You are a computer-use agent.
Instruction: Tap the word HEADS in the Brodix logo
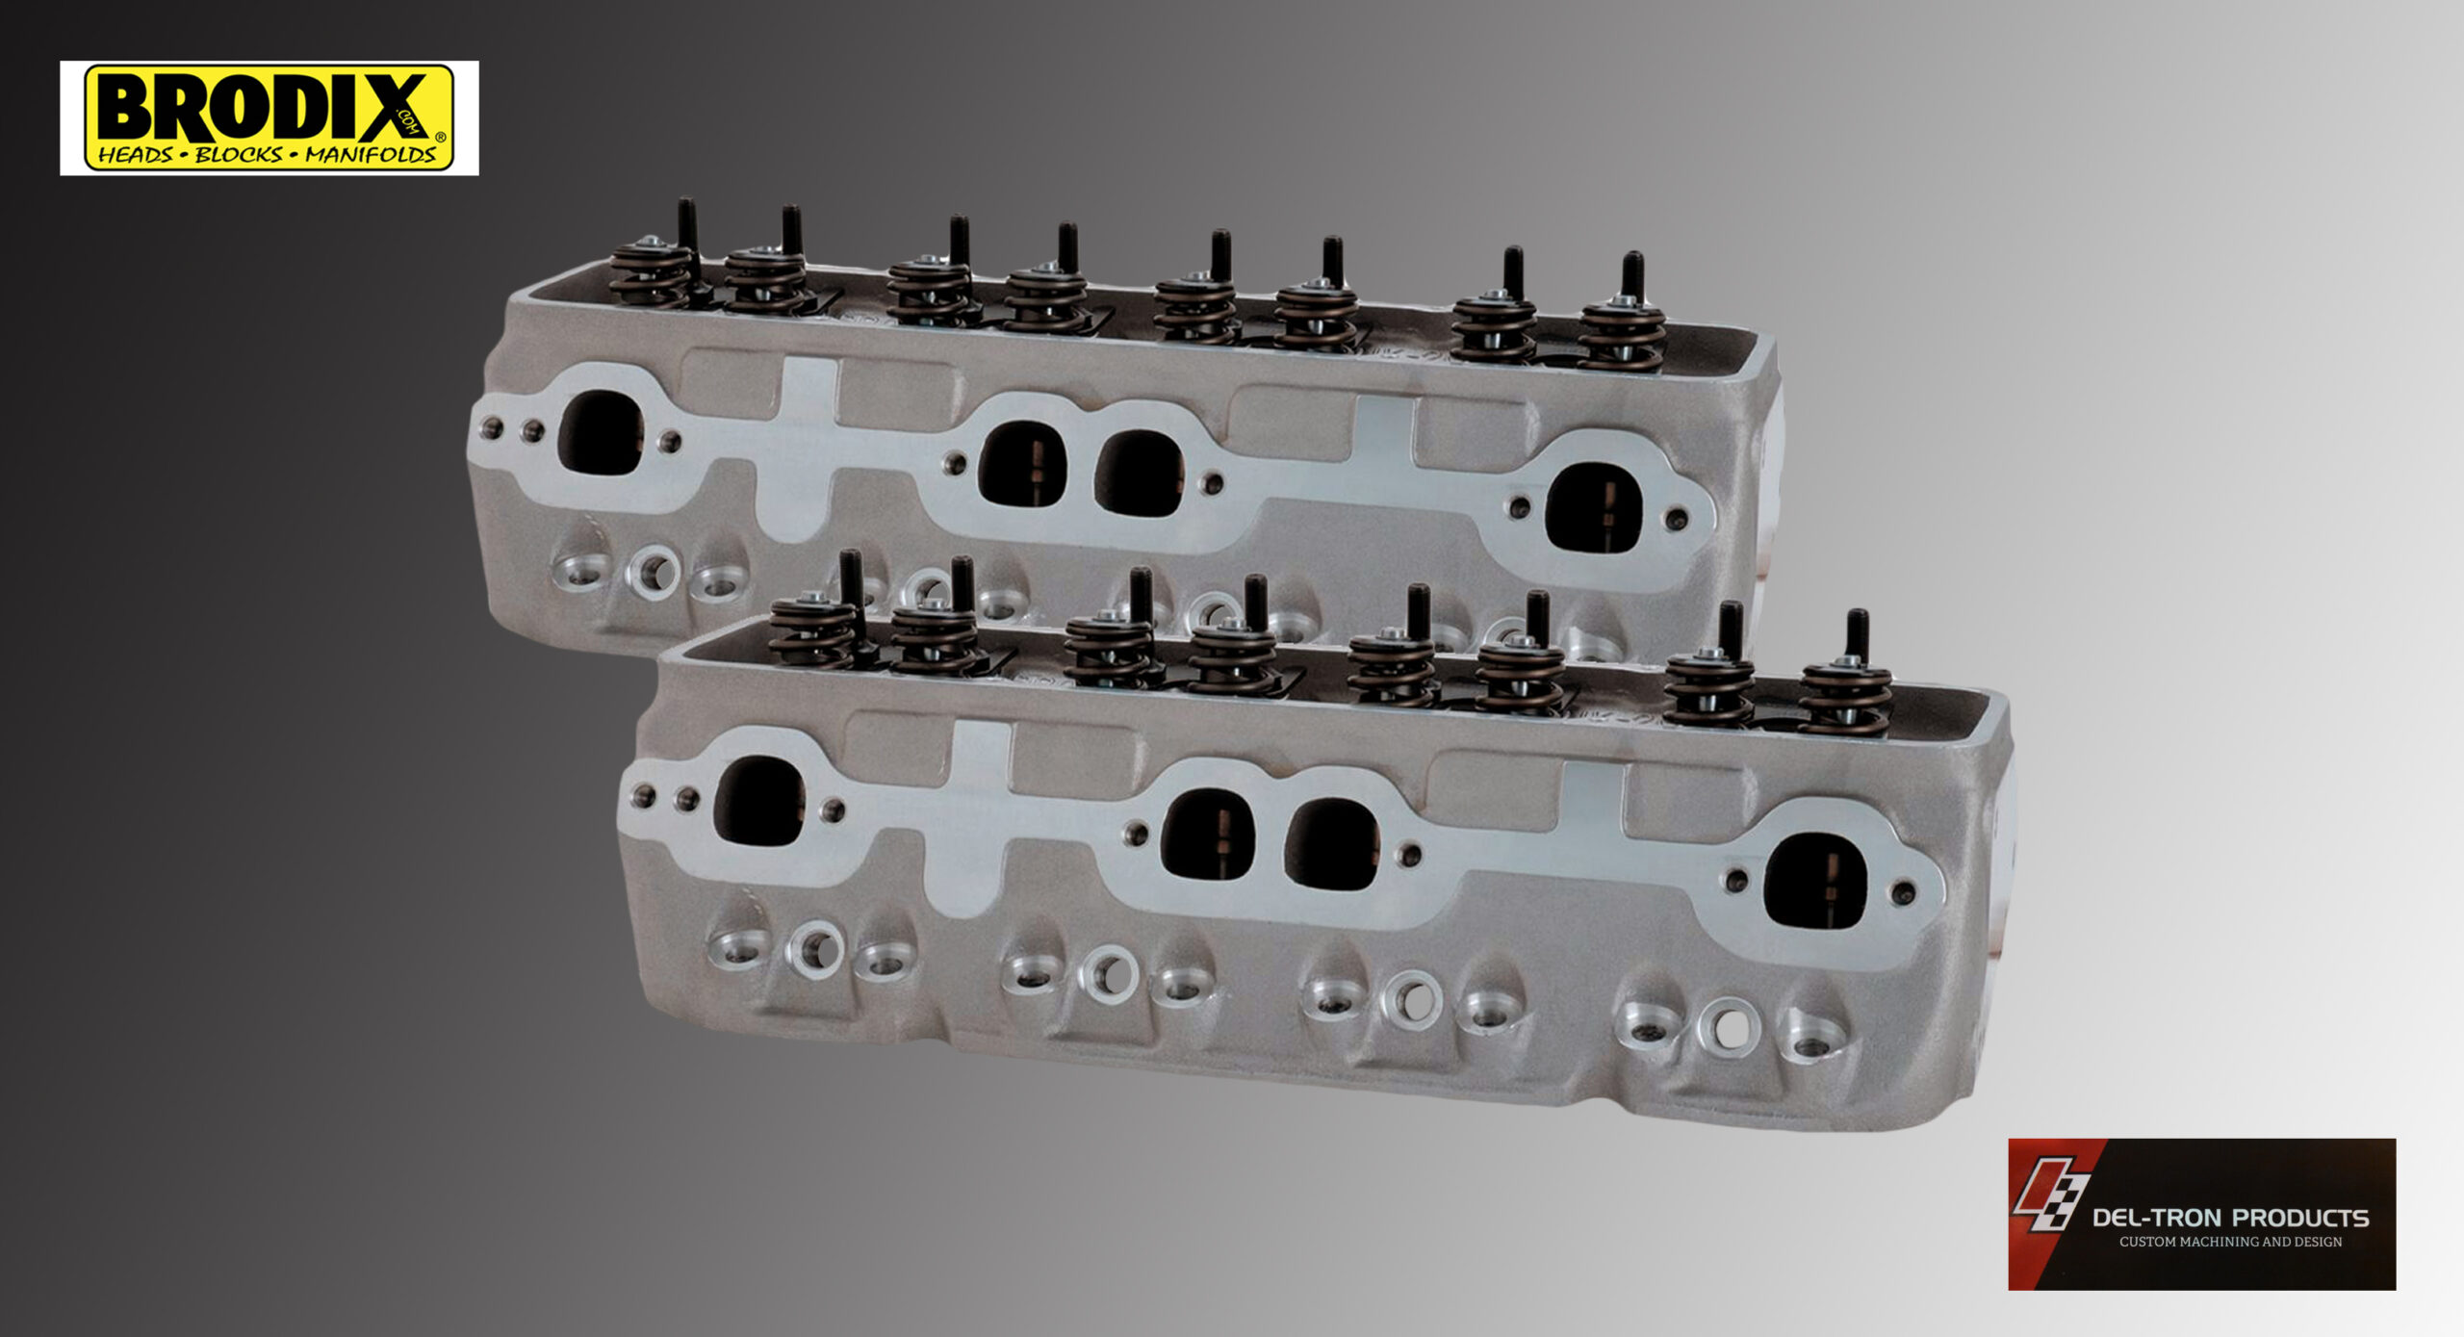136,155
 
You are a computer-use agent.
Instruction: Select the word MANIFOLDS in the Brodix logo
371,155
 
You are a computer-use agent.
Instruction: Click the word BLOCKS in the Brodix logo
240,155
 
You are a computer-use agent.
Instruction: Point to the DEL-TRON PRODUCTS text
2231,1218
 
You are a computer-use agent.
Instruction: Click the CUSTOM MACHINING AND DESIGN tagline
2231,1242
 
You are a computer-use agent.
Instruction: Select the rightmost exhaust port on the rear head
1592,508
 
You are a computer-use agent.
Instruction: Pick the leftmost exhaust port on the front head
759,801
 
